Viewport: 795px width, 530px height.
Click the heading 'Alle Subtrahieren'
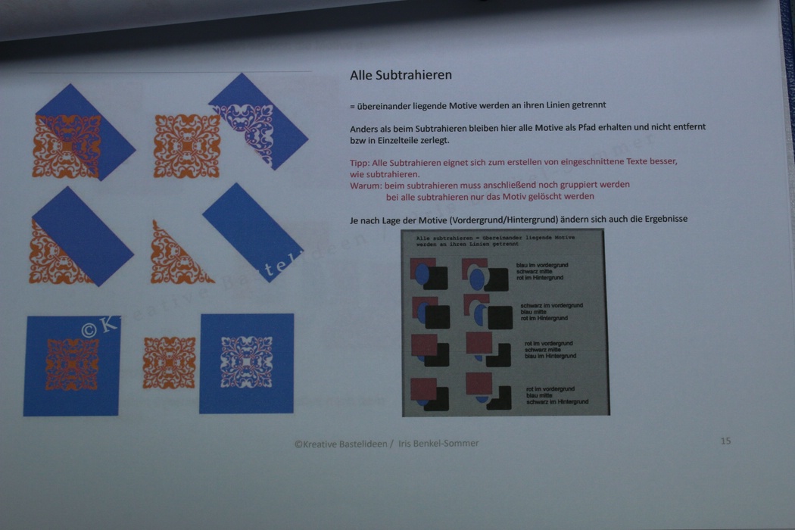pyautogui.click(x=401, y=76)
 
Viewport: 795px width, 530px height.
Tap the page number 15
pyautogui.click(x=725, y=441)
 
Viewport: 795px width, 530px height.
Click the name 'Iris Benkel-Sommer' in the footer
pyautogui.click(x=439, y=444)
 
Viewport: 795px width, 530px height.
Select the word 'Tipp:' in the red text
pyautogui.click(x=360, y=162)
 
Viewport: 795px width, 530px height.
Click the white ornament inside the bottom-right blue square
pyautogui.click(x=246, y=363)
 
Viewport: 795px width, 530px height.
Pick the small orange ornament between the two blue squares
pyautogui.click(x=169, y=363)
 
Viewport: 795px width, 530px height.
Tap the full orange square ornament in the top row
pyautogui.click(x=187, y=146)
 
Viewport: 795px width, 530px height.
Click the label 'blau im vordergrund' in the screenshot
pyautogui.click(x=542, y=266)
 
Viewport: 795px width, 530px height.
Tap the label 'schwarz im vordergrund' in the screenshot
pyautogui.click(x=551, y=306)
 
